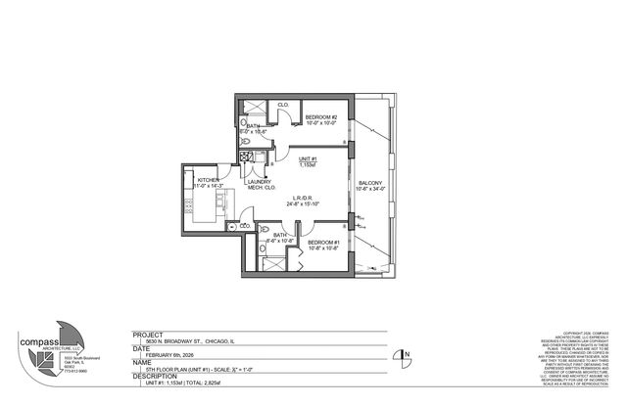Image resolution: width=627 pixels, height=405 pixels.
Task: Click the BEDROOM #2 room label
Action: (320, 117)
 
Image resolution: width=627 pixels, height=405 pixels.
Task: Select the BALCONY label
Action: (370, 183)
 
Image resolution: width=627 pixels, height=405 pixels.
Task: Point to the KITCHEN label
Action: (209, 179)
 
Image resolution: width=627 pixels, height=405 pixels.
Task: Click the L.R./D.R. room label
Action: (302, 198)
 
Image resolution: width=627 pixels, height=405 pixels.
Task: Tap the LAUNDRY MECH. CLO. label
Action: (259, 185)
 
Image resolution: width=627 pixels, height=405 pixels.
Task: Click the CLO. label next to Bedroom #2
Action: (282, 105)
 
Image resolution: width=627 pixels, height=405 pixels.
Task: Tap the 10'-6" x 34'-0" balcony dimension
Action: (370, 189)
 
